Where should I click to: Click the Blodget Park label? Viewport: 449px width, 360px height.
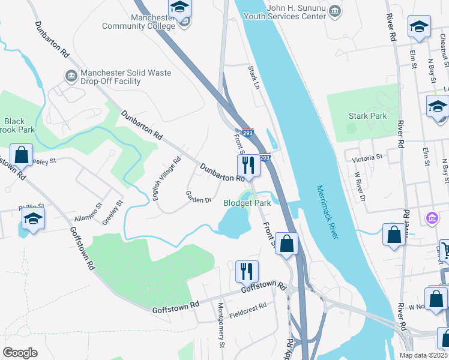pyautogui.click(x=247, y=203)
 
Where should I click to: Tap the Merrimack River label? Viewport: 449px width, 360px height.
pyautogui.click(x=328, y=212)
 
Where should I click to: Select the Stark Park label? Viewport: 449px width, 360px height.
pyautogui.click(x=368, y=116)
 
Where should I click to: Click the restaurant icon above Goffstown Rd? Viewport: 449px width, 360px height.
pyautogui.click(x=247, y=271)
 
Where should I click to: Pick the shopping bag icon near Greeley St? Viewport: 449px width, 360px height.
pyautogui.click(x=22, y=155)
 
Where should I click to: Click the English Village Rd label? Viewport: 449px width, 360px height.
pyautogui.click(x=167, y=179)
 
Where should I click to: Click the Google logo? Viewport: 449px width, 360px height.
pyautogui.click(x=20, y=353)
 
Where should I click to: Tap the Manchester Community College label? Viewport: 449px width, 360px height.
pyautogui.click(x=138, y=22)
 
